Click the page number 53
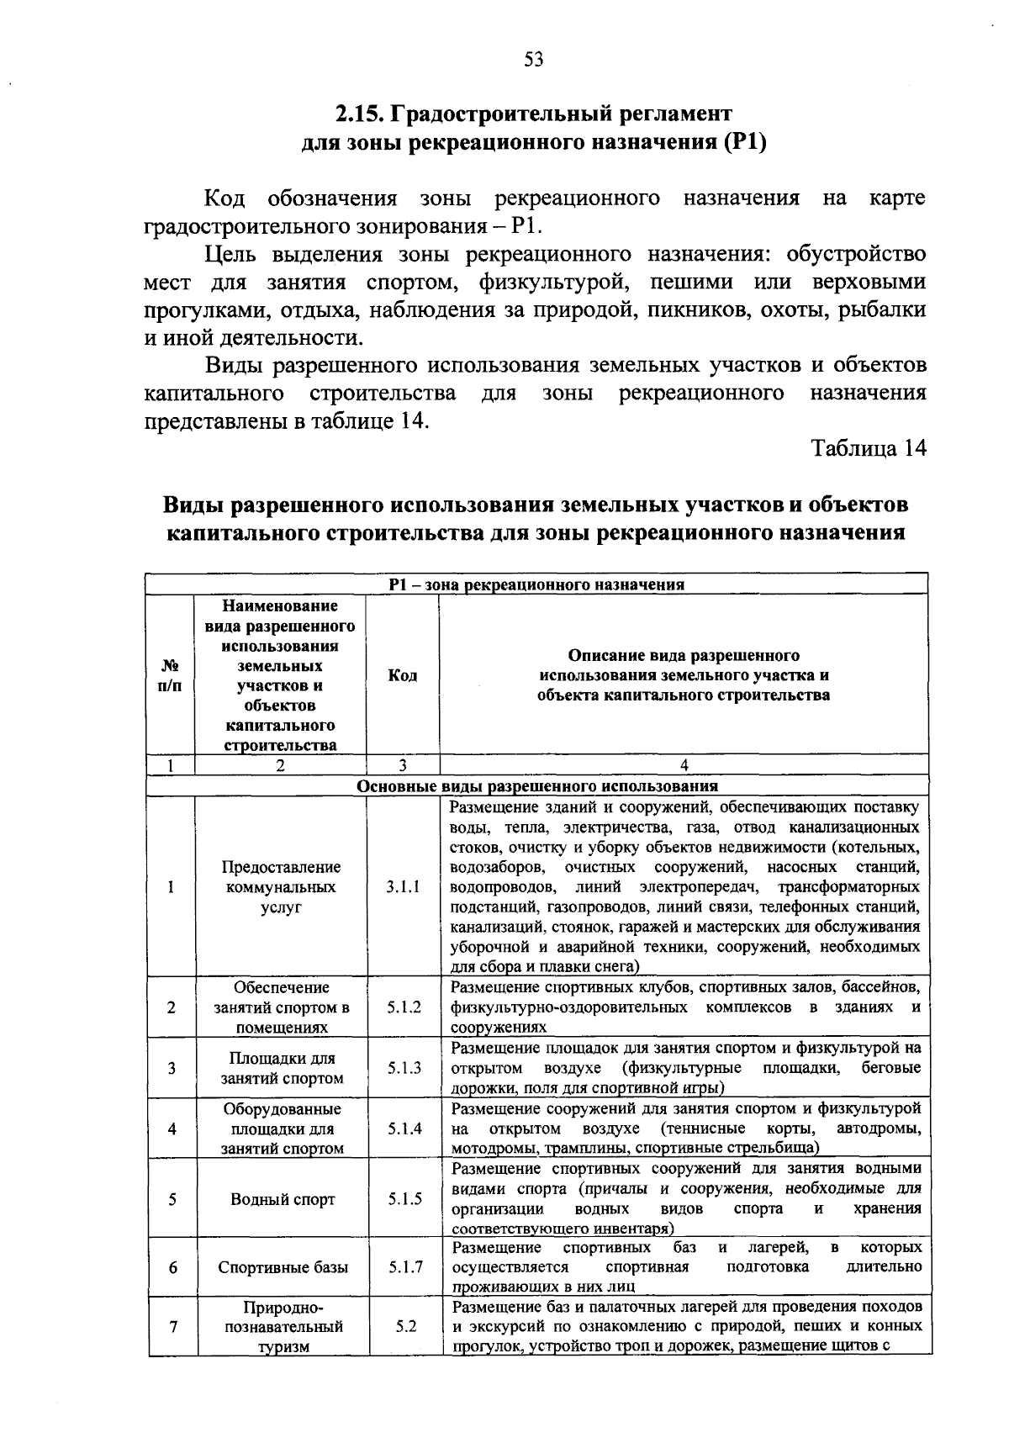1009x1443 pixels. click(534, 59)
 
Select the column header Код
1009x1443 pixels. click(403, 675)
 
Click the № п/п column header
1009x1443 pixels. click(170, 675)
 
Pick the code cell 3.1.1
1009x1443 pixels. click(404, 887)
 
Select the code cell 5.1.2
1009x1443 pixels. click(404, 1007)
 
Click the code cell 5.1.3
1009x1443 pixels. click(404, 1068)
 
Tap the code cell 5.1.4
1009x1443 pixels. click(404, 1128)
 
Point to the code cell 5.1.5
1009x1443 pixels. click(404, 1199)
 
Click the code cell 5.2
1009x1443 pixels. click(405, 1327)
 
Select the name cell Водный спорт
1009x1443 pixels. click(283, 1199)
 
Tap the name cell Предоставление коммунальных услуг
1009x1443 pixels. click(281, 887)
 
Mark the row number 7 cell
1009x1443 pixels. click(172, 1327)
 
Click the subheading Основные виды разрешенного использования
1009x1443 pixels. click(536, 786)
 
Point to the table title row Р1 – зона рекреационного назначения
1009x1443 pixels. click(536, 584)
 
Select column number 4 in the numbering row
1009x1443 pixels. click(684, 765)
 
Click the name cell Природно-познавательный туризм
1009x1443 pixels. click(283, 1327)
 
